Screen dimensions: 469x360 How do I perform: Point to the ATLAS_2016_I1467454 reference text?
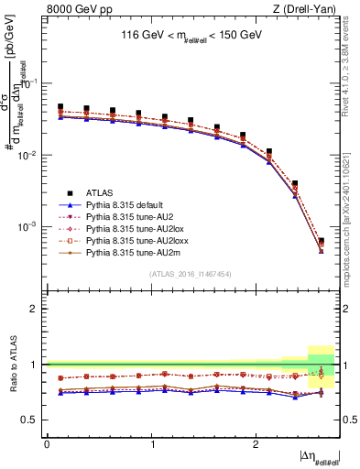coord(191,274)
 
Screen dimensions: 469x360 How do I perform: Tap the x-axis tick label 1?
coord(151,443)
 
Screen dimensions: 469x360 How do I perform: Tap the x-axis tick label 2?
coord(256,443)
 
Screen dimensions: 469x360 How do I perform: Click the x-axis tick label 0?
coord(47,443)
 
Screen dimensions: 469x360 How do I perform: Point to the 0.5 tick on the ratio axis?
coord(33,420)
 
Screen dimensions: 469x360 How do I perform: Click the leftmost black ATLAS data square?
coord(60,107)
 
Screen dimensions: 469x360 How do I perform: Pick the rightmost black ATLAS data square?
coord(321,241)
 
